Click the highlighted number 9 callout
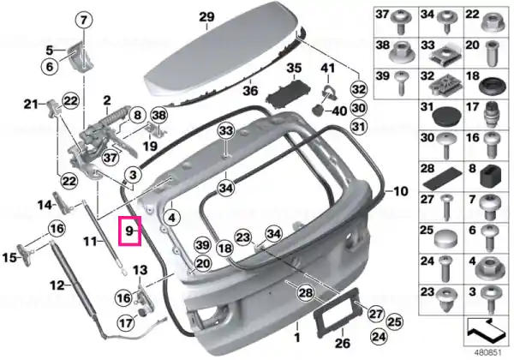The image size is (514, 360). pos(130,231)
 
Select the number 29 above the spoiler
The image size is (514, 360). pos(206,16)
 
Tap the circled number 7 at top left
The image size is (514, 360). pos(84,20)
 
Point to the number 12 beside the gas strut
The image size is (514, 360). pos(57,285)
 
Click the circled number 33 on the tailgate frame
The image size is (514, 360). pos(226,130)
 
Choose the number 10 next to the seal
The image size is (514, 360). pos(400,191)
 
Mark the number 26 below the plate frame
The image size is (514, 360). pos(342,343)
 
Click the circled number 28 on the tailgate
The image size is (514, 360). pos(306,292)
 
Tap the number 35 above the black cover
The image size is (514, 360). pos(294,69)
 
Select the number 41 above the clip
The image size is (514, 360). pos(328,69)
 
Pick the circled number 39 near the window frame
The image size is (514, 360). pos(202,245)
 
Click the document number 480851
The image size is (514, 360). pos(488,353)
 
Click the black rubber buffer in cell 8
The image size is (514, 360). pos(491,177)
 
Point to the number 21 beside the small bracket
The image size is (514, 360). pos(32,105)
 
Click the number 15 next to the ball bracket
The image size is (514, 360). pos(9,257)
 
